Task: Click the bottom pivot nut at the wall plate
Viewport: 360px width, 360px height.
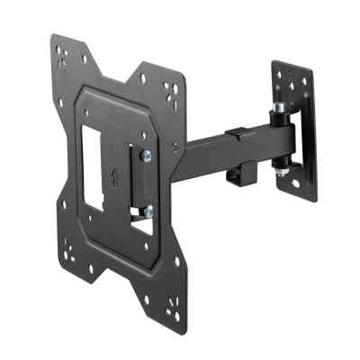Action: point(285,166)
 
